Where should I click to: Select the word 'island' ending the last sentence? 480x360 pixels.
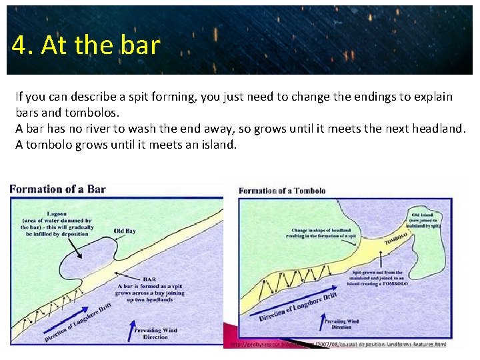[217, 144]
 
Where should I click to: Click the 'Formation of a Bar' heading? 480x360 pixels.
[57, 189]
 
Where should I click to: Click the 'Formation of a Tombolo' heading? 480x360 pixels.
[282, 191]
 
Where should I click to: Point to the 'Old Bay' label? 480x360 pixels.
[125, 231]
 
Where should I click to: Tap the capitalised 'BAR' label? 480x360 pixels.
[149, 279]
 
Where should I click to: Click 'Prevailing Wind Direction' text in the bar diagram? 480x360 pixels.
[155, 333]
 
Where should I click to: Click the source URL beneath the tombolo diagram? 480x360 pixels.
[339, 344]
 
